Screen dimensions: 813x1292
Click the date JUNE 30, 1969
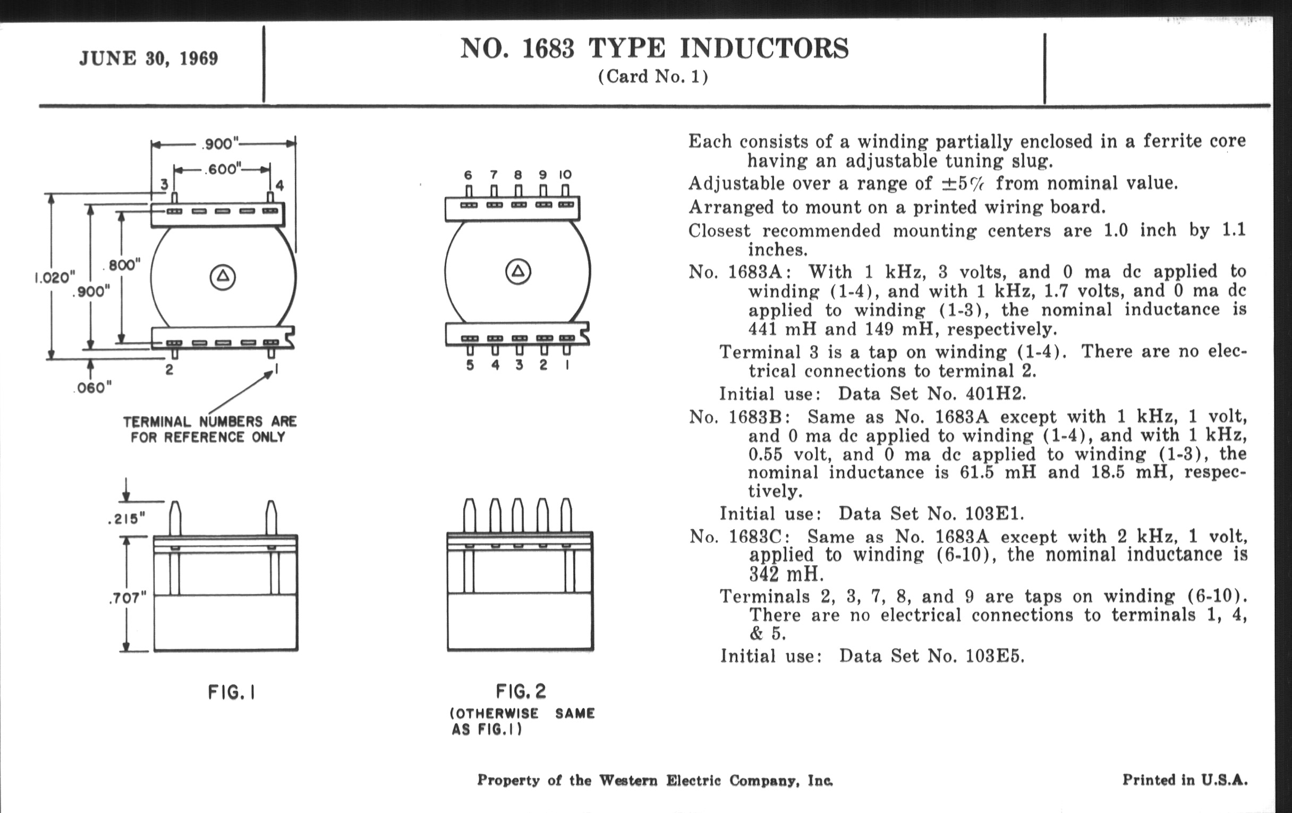pyautogui.click(x=149, y=58)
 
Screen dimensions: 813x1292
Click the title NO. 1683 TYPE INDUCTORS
pyautogui.click(x=654, y=48)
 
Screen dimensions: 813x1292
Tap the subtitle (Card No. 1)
pyautogui.click(x=653, y=77)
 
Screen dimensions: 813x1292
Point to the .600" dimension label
pyautogui.click(x=223, y=169)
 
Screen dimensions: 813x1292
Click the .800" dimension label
pyautogui.click(x=123, y=265)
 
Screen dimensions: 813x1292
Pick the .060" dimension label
pyautogui.click(x=93, y=388)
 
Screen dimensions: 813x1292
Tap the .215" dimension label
pyautogui.click(x=126, y=519)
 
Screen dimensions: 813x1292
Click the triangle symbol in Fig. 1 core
pyautogui.click(x=223, y=277)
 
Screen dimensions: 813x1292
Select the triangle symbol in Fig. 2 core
pyautogui.click(x=518, y=272)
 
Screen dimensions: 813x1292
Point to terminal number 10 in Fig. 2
pyautogui.click(x=565, y=174)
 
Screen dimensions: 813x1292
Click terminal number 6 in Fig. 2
pyautogui.click(x=469, y=174)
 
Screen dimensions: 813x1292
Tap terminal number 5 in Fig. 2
pyautogui.click(x=470, y=365)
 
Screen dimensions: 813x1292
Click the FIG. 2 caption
pyautogui.click(x=521, y=691)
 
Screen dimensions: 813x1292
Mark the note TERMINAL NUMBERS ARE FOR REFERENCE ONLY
pyautogui.click(x=209, y=429)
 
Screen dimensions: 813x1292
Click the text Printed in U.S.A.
pyautogui.click(x=1185, y=780)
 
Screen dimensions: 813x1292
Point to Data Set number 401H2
pyautogui.click(x=995, y=394)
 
